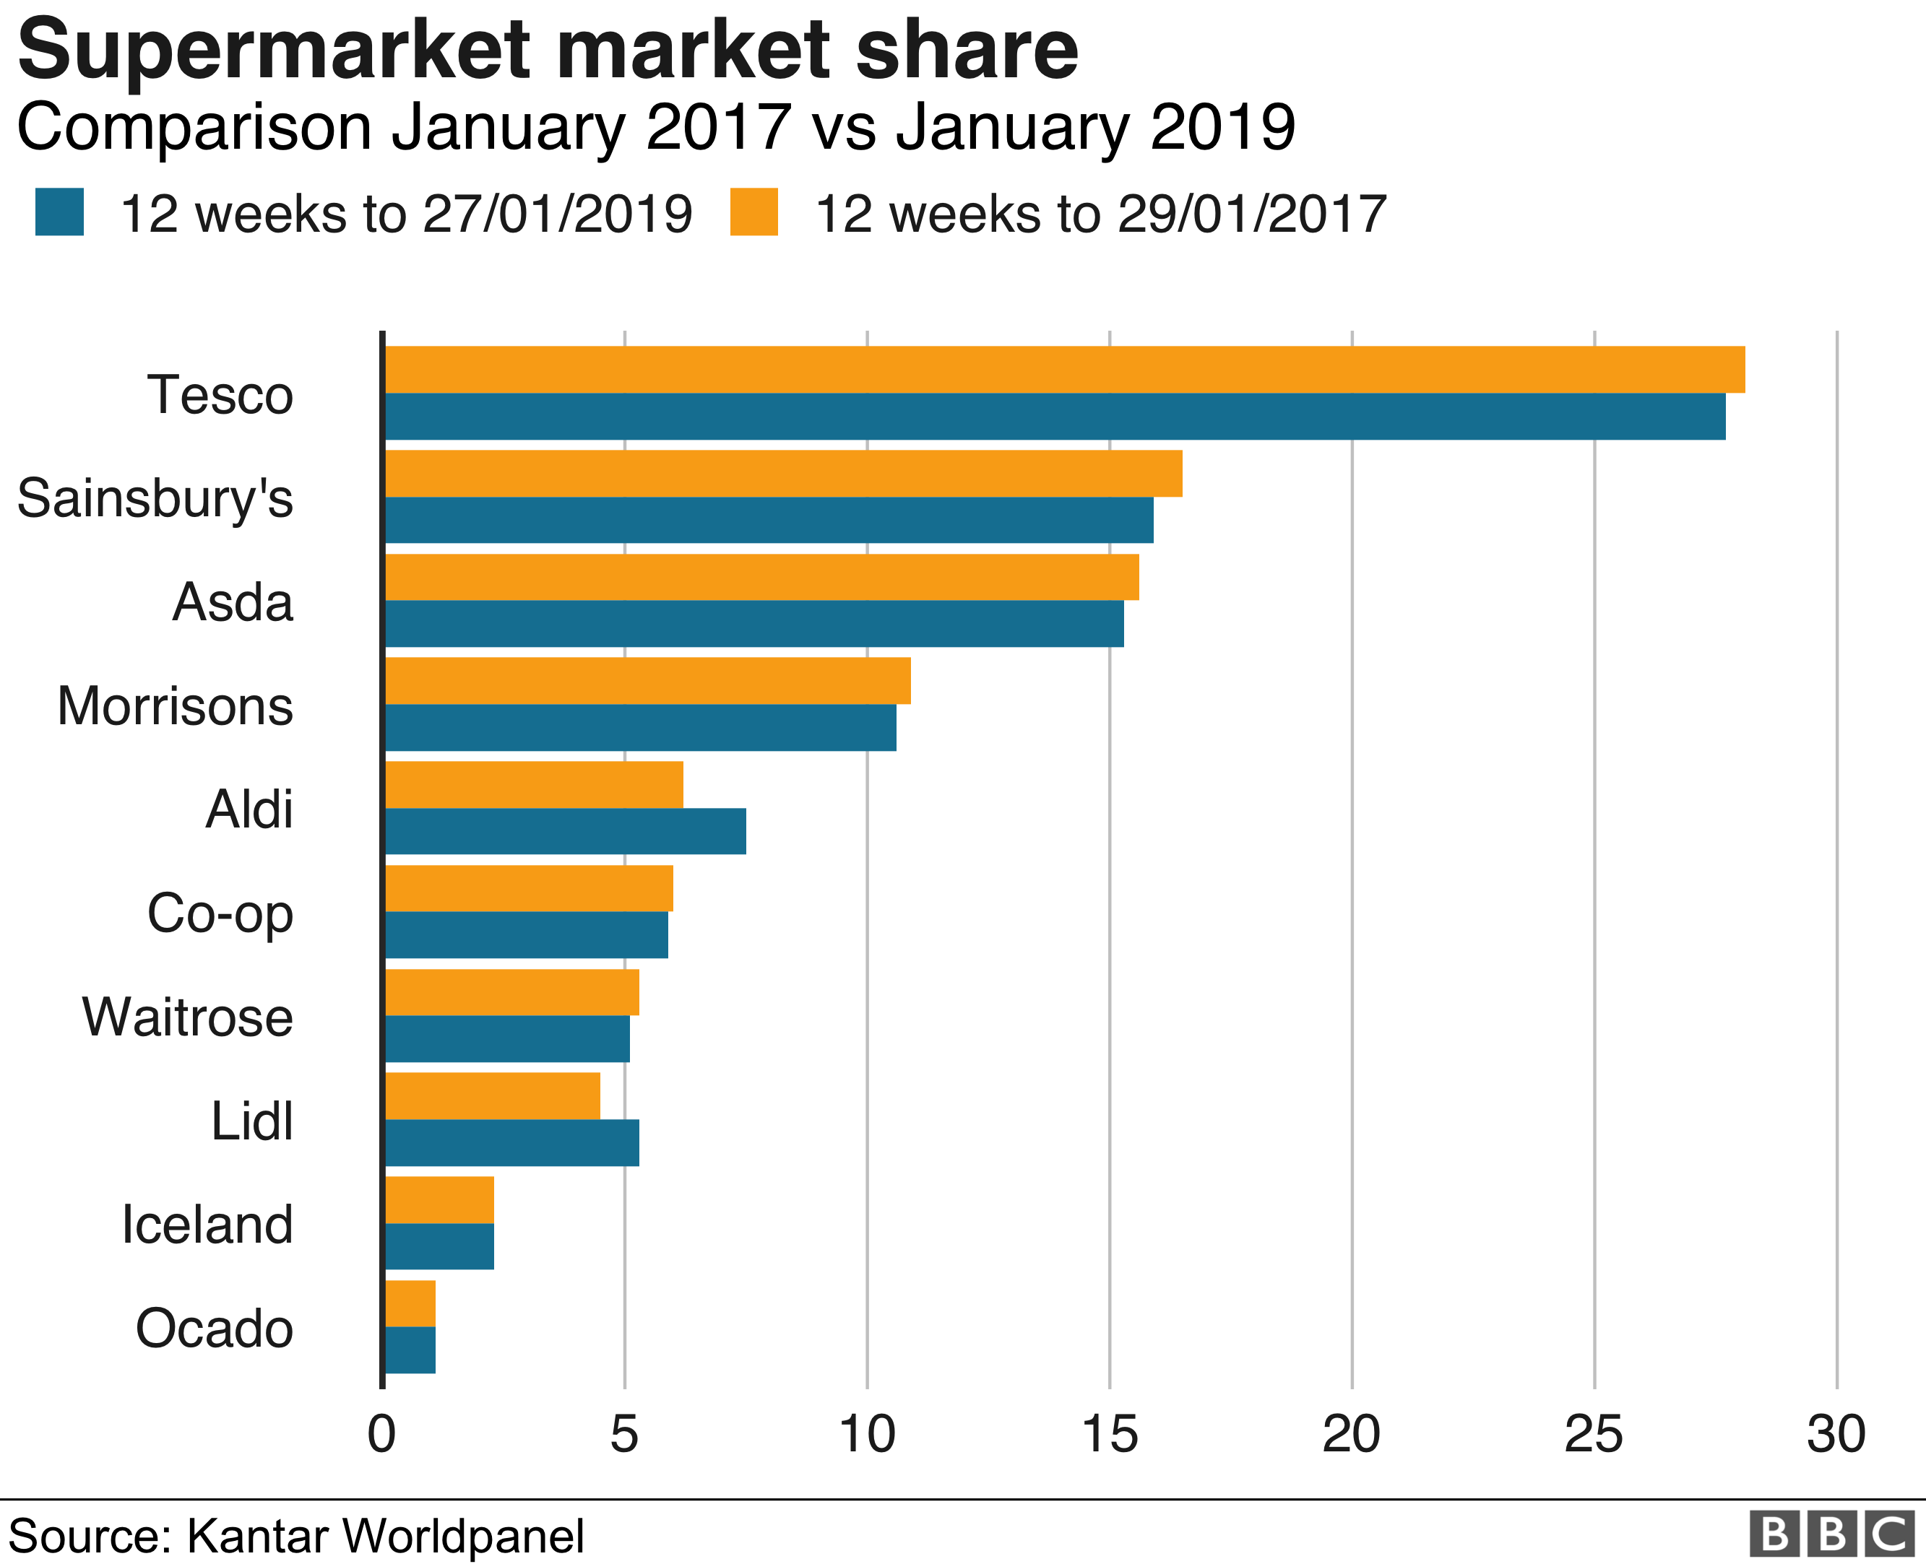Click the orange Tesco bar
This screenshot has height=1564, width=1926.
pos(1063,370)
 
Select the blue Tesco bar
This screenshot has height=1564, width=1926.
pos(1055,416)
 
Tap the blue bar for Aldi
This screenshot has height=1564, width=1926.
pos(565,830)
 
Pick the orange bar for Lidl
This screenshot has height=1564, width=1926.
pos(492,1095)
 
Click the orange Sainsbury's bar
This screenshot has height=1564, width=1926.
pos(782,473)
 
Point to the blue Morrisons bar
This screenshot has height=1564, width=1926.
pos(640,727)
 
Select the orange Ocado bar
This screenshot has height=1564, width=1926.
pos(410,1303)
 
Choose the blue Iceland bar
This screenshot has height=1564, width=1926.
pos(439,1246)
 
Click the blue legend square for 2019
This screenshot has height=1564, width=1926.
pos(59,212)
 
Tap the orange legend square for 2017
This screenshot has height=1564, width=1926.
pos(753,212)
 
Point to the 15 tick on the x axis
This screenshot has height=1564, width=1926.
pos(1110,1434)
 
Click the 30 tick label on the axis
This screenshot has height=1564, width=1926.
pos(1836,1434)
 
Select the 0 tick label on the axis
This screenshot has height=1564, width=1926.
pos(382,1434)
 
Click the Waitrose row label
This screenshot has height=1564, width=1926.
pos(187,1017)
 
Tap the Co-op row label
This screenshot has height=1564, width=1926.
pos(220,913)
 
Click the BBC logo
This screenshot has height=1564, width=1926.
pos(1832,1534)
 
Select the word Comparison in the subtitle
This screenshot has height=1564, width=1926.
pos(194,127)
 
